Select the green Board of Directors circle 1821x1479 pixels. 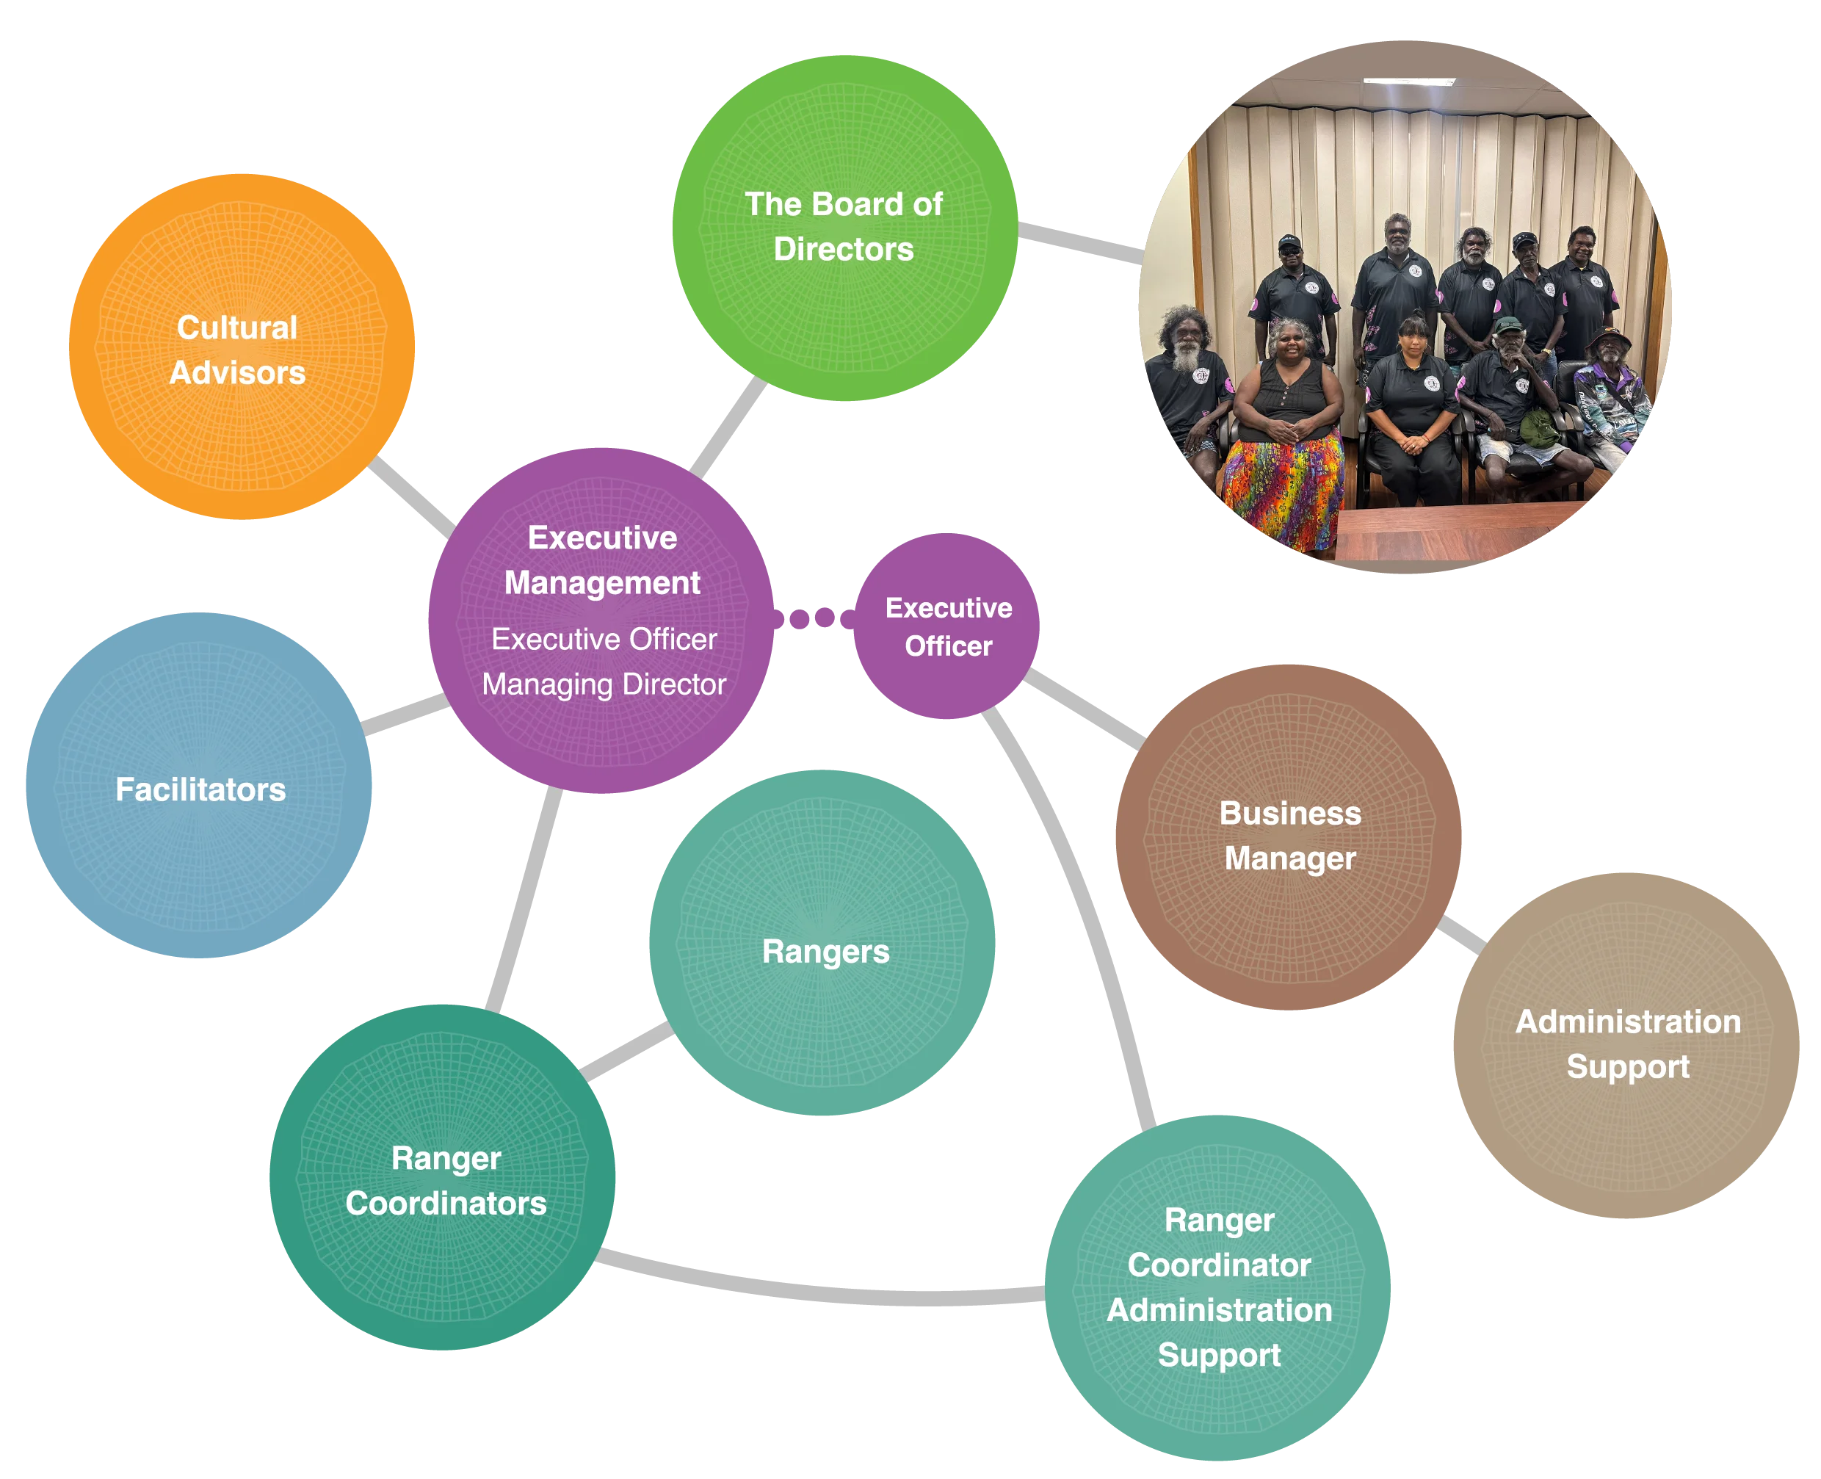click(844, 227)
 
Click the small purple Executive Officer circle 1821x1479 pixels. click(947, 626)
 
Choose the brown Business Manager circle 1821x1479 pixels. click(1288, 836)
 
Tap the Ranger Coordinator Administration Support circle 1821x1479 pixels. click(1218, 1287)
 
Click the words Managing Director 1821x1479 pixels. click(603, 684)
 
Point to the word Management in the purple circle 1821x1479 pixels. click(601, 583)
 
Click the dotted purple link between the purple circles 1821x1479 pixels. click(814, 618)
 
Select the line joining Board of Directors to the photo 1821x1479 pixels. click(1079, 241)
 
